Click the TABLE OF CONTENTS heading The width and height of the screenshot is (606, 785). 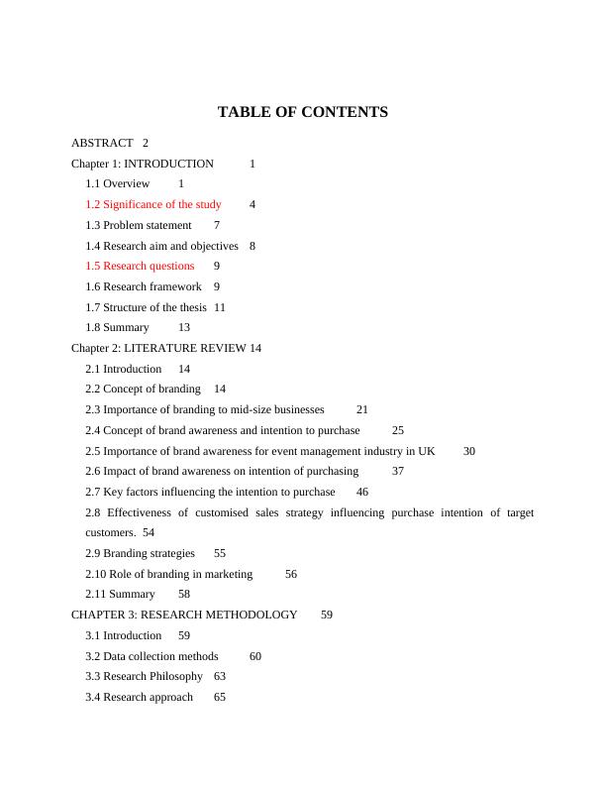[302, 112]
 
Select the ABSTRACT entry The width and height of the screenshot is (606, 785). [102, 143]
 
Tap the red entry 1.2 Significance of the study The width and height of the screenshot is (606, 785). [153, 204]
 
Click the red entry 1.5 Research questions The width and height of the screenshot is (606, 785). [140, 266]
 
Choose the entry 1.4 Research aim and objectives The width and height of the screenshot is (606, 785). [161, 246]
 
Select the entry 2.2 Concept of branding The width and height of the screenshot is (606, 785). [143, 389]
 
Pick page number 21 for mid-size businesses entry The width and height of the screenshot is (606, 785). [362, 409]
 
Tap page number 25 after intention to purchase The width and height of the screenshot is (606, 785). [398, 430]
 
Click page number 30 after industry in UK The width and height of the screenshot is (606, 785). [469, 451]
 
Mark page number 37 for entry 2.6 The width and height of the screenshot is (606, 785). [398, 471]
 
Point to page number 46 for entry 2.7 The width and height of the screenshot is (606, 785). [362, 492]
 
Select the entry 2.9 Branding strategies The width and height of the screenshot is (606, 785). [140, 553]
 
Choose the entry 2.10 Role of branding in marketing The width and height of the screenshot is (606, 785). [168, 574]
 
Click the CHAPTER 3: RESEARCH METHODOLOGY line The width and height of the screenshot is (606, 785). [184, 615]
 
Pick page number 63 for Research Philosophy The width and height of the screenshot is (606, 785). [220, 676]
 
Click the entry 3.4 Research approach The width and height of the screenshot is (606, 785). [139, 697]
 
